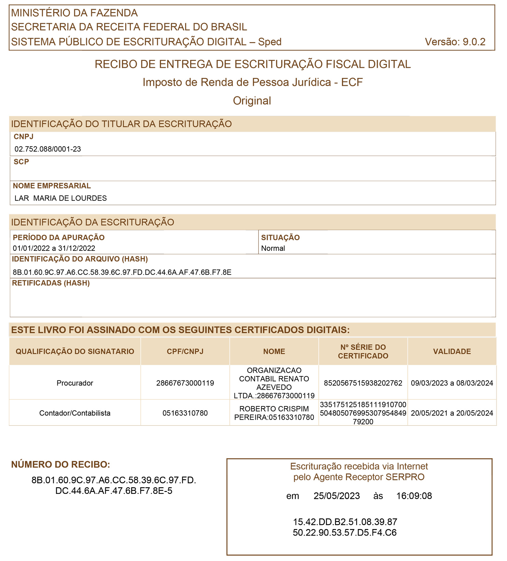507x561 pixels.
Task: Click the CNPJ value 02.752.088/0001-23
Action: pos(48,149)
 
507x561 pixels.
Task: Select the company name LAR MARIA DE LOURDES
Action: pos(61,198)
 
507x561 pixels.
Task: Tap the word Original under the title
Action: pos(252,101)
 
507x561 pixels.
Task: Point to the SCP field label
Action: pos(21,162)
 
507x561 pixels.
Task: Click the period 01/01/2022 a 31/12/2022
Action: pos(54,248)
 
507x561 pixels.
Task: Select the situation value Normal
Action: pos(273,248)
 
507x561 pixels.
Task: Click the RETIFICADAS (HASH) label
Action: pos(51,283)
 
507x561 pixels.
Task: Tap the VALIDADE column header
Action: pos(452,351)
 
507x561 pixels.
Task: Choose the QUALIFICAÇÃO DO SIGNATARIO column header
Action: pos(75,351)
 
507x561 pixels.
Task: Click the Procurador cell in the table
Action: pos(75,383)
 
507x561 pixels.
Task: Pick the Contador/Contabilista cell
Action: pos(75,413)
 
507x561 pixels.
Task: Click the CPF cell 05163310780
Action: pos(185,413)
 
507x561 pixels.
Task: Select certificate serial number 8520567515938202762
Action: pos(363,383)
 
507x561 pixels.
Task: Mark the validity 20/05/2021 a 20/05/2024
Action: pos(452,413)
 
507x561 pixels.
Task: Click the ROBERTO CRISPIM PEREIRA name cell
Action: pos(274,413)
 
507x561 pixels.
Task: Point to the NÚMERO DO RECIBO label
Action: pos(61,465)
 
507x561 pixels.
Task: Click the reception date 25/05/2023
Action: pos(337,496)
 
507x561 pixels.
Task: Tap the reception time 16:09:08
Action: pos(414,496)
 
